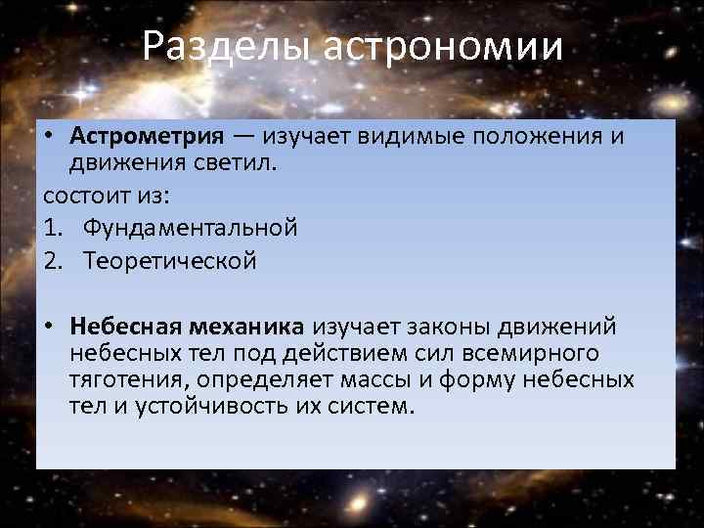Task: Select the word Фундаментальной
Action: click(x=190, y=228)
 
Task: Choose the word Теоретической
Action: click(x=169, y=261)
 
